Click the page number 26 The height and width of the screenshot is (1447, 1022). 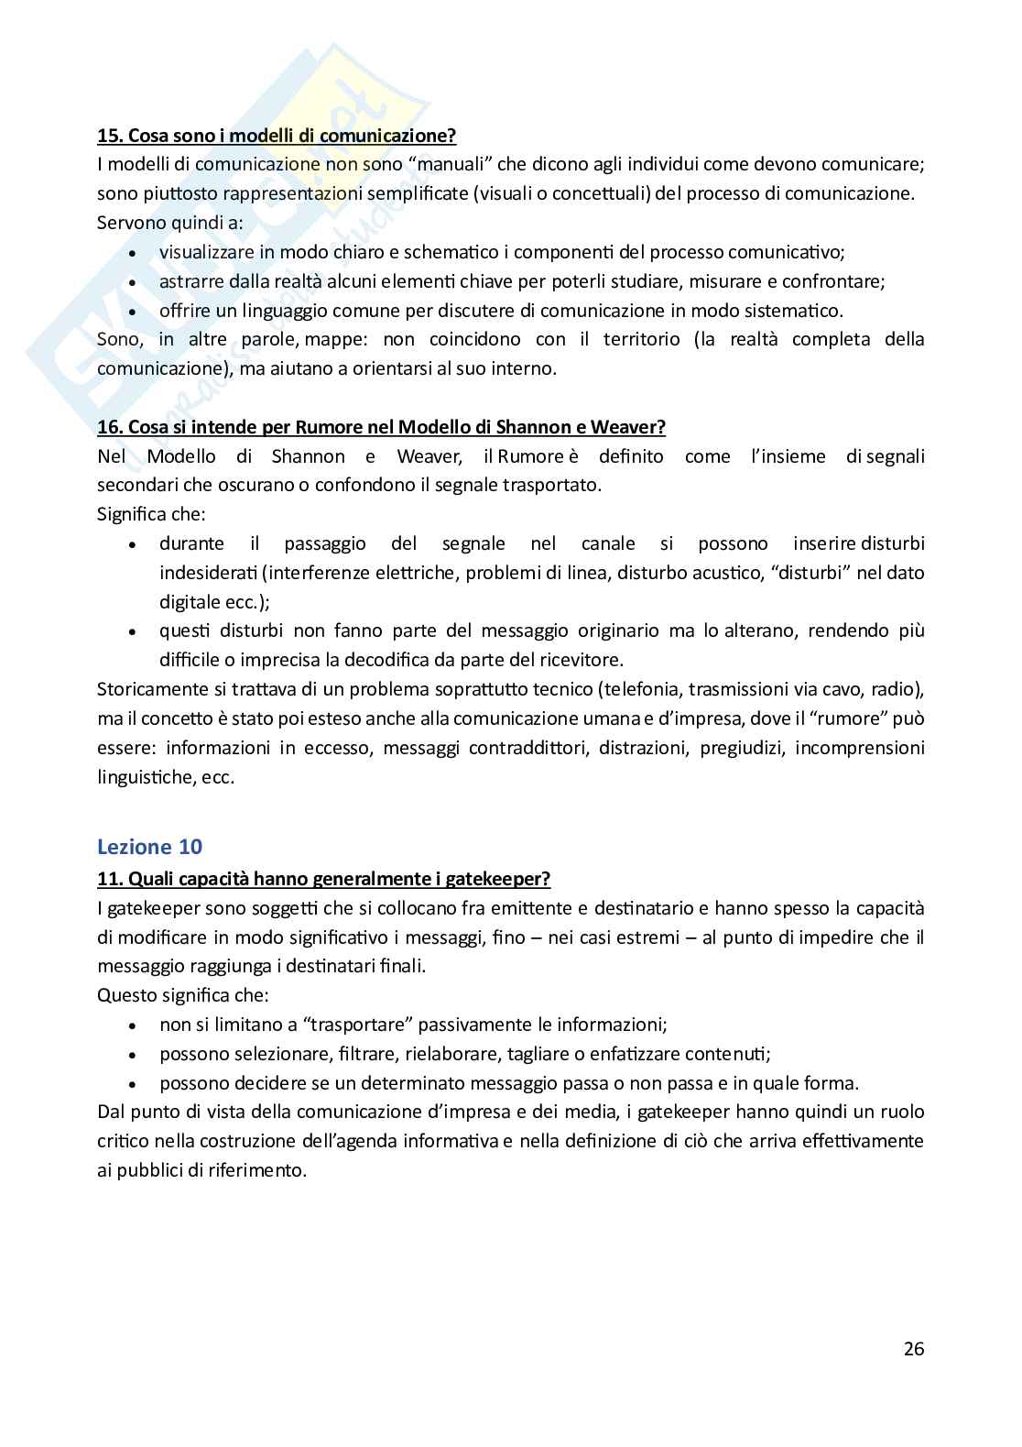point(913,1348)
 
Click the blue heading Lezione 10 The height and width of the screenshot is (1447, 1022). point(149,846)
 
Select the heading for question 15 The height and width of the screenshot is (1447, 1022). point(277,136)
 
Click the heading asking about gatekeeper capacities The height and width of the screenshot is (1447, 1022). point(323,879)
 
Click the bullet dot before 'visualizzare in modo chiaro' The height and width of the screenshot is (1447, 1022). point(134,253)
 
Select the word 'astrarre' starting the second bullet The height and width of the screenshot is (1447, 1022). point(189,281)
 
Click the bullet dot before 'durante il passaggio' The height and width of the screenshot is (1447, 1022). point(134,544)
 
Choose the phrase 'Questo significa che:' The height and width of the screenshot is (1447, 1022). point(183,995)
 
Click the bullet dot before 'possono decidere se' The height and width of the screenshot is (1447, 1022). point(134,1084)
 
